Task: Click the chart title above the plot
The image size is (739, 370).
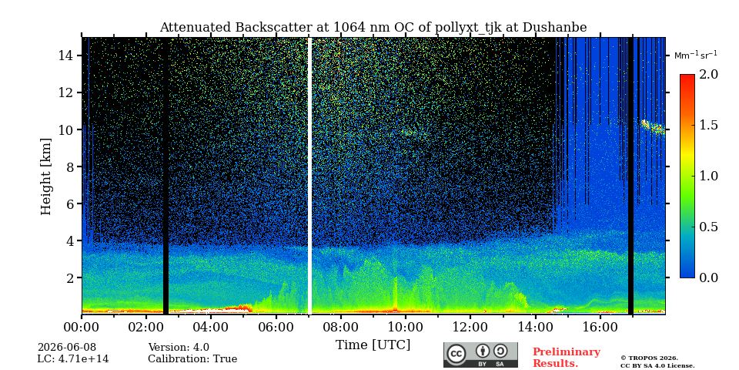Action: [x=373, y=28]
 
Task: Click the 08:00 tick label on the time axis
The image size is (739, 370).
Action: [x=341, y=327]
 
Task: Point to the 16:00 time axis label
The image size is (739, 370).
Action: [x=599, y=327]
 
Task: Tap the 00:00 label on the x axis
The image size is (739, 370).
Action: [x=82, y=327]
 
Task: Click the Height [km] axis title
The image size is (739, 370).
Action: [x=45, y=177]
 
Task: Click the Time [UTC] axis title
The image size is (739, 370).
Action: [x=373, y=345]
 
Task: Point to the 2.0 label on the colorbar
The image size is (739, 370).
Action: [x=708, y=74]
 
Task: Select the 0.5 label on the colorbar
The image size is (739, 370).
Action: [x=708, y=227]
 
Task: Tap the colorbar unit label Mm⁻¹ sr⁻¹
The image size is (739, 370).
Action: [x=696, y=55]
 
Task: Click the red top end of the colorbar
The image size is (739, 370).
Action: [x=687, y=77]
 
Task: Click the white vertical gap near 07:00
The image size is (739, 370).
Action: [x=309, y=176]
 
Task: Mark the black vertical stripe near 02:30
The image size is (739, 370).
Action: [x=166, y=176]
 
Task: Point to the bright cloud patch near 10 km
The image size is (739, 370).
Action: [x=653, y=127]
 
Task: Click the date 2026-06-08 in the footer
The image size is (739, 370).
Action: [x=67, y=348]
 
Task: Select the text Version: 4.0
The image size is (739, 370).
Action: [x=179, y=348]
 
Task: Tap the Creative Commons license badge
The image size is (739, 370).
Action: [x=480, y=355]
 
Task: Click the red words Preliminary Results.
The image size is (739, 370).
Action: [x=567, y=358]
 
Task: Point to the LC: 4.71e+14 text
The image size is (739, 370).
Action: [x=73, y=359]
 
